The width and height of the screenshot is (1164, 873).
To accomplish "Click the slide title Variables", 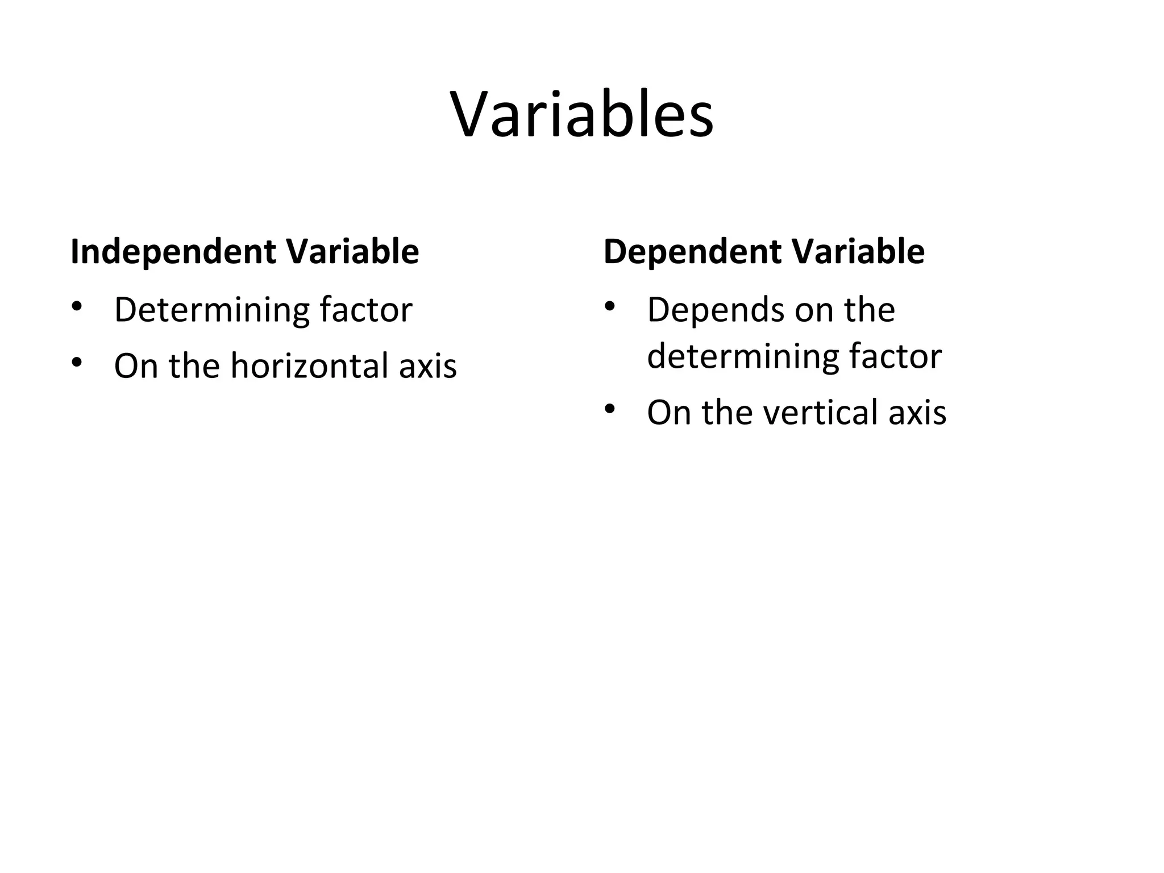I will tap(582, 116).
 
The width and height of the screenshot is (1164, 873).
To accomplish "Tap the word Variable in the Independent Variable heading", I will tap(352, 252).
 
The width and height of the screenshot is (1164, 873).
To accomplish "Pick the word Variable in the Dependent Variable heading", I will tap(858, 252).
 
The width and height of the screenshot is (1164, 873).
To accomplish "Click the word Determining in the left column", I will tap(211, 310).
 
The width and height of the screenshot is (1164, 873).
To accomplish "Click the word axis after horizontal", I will tap(427, 366).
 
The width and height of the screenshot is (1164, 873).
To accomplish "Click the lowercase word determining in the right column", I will tap(742, 357).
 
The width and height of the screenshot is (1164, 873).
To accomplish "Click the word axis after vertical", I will tap(917, 413).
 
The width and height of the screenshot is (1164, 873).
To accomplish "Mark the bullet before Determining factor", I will tap(77, 307).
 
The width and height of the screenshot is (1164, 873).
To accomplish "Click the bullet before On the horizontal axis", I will tap(77, 362).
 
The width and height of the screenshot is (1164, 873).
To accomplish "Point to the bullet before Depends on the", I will tap(610, 307).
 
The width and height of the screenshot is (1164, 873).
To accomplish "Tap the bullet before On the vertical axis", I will tap(610, 409).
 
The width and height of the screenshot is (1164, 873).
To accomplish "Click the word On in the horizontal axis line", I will tap(136, 366).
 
